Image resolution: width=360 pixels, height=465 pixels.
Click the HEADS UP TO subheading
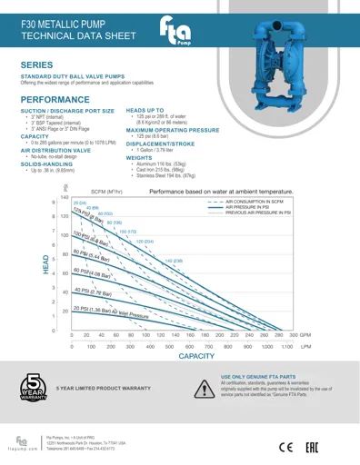click(x=145, y=109)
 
